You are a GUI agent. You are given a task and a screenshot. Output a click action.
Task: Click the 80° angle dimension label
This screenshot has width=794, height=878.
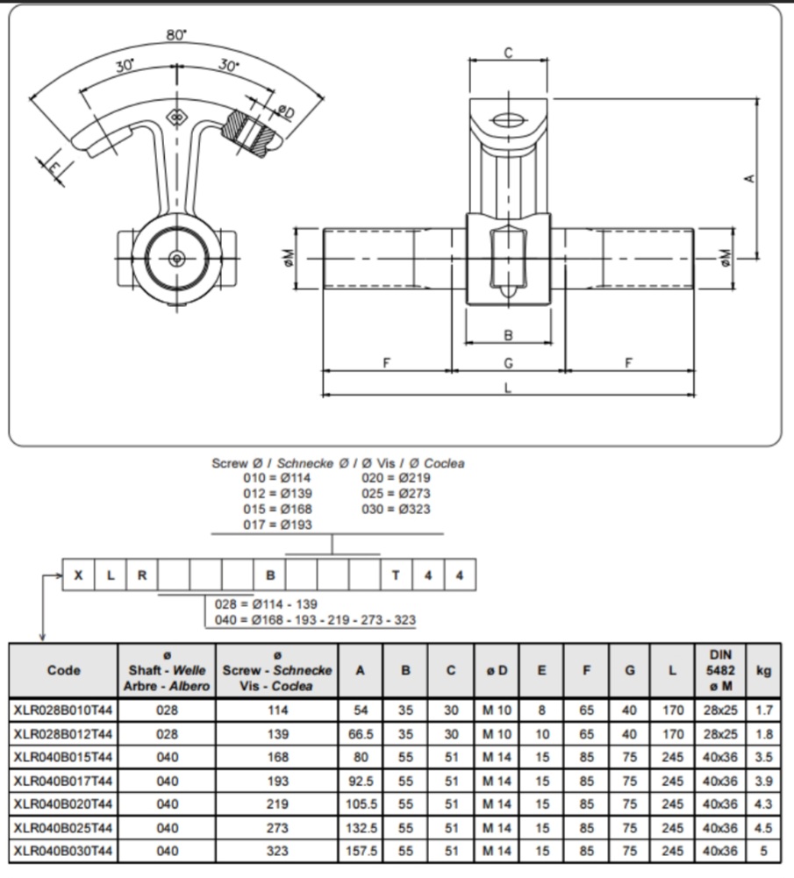pyautogui.click(x=176, y=35)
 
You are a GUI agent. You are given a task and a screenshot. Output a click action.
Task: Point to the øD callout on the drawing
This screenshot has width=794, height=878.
pyautogui.click(x=285, y=111)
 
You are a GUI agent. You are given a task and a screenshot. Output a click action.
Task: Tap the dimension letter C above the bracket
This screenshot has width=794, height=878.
pyautogui.click(x=508, y=54)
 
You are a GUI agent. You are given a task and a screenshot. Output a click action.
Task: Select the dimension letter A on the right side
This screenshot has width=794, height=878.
pyautogui.click(x=749, y=178)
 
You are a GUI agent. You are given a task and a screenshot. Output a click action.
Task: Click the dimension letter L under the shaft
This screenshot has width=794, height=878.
pyautogui.click(x=507, y=389)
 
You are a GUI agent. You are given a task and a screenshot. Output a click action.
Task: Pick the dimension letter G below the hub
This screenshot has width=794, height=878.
pyautogui.click(x=507, y=362)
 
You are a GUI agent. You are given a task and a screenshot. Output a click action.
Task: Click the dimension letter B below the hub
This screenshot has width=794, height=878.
pyautogui.click(x=507, y=335)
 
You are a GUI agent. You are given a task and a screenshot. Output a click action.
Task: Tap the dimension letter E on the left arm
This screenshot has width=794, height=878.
pyautogui.click(x=54, y=167)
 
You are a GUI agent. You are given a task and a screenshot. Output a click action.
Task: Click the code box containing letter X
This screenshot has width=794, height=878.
pyautogui.click(x=79, y=575)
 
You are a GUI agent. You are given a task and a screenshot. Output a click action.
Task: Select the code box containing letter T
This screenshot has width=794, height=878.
pyautogui.click(x=396, y=575)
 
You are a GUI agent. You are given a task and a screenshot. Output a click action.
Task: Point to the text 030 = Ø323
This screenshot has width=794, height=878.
pyautogui.click(x=396, y=509)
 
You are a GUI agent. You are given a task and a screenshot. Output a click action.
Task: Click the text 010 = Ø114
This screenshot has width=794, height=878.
pyautogui.click(x=277, y=478)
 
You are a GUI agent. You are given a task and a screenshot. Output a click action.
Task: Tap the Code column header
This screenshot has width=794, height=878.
pyautogui.click(x=63, y=670)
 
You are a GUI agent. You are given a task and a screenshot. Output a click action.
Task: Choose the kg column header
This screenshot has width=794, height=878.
pyautogui.click(x=763, y=670)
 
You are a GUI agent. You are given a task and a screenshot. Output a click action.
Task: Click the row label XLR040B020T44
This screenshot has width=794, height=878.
pyautogui.click(x=63, y=803)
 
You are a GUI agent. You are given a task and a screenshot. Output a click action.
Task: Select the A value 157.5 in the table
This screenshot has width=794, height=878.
pyautogui.click(x=360, y=851)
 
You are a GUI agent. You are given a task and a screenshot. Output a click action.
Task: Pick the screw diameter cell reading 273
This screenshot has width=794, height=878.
pyautogui.click(x=277, y=827)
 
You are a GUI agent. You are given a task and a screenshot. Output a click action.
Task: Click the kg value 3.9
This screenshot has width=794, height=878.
pyautogui.click(x=763, y=780)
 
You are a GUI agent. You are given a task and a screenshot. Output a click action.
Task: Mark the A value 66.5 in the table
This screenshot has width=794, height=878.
pyautogui.click(x=360, y=733)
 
